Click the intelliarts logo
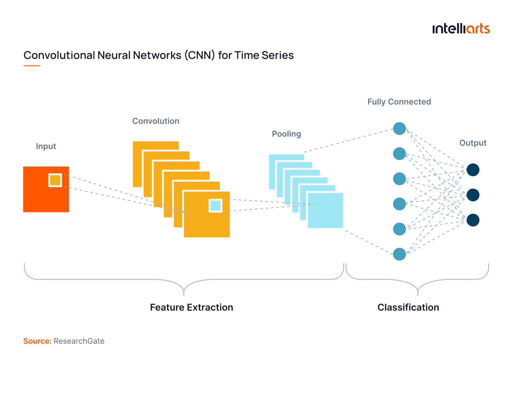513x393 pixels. (461, 29)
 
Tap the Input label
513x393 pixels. (46, 146)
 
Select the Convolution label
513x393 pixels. (156, 121)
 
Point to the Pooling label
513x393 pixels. (286, 134)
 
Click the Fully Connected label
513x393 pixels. (399, 102)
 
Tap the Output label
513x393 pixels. (473, 143)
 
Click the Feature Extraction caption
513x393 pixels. (191, 307)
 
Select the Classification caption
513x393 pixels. (408, 307)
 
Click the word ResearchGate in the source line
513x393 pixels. (79, 341)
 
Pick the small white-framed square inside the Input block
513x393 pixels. (55, 180)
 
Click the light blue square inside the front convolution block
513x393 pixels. (215, 206)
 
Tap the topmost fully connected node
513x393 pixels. (399, 128)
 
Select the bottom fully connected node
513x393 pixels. (399, 254)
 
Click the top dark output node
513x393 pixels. (473, 170)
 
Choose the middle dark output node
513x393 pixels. (473, 195)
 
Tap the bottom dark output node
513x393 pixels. (473, 220)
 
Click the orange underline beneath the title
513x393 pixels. (32, 66)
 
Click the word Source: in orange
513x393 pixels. (37, 341)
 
